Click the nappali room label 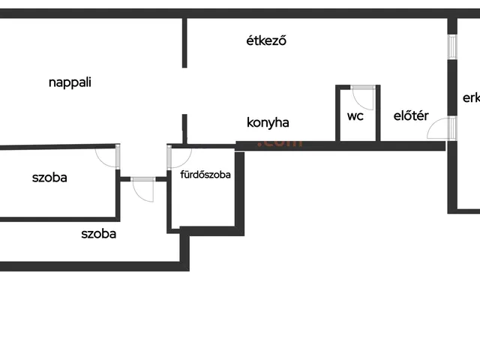[x=70, y=83]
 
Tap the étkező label [x=268, y=40]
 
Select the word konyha [x=268, y=123]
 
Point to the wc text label [x=355, y=116]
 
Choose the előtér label [x=411, y=116]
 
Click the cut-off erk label [x=471, y=97]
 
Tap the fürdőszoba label [x=205, y=175]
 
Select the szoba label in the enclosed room [x=49, y=178]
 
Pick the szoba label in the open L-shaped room [x=98, y=233]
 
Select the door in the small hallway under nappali [x=143, y=190]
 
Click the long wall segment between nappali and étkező [x=184, y=43]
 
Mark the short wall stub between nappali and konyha [x=184, y=128]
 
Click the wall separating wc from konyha [x=338, y=114]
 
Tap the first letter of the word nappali [x=52, y=83]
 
